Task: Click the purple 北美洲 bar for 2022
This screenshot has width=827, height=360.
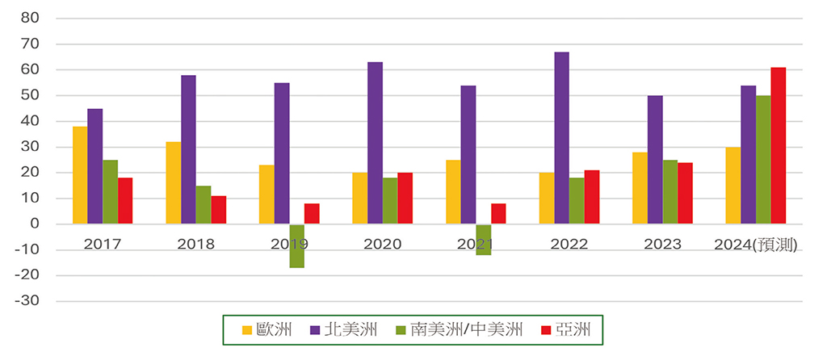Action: pos(561,138)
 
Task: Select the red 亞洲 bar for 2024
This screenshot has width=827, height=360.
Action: pos(778,145)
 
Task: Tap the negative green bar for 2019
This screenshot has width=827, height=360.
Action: pos(297,245)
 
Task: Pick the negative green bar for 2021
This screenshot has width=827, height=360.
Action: pos(483,239)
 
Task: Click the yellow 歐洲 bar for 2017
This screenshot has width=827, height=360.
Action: pos(80,175)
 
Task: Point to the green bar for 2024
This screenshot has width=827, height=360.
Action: pos(762,160)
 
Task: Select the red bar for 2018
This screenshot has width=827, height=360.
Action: pos(218,210)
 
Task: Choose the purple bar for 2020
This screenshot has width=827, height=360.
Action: pos(375,143)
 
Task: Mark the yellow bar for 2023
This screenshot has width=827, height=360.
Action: pos(640,188)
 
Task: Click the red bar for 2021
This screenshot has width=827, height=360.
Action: pos(498,214)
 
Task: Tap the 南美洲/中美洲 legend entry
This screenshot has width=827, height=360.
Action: pos(457,329)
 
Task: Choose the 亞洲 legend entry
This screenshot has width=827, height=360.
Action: pos(570,329)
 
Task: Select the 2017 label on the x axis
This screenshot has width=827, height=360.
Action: pos(103,244)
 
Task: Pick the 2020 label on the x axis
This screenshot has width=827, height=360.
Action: pos(383,244)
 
